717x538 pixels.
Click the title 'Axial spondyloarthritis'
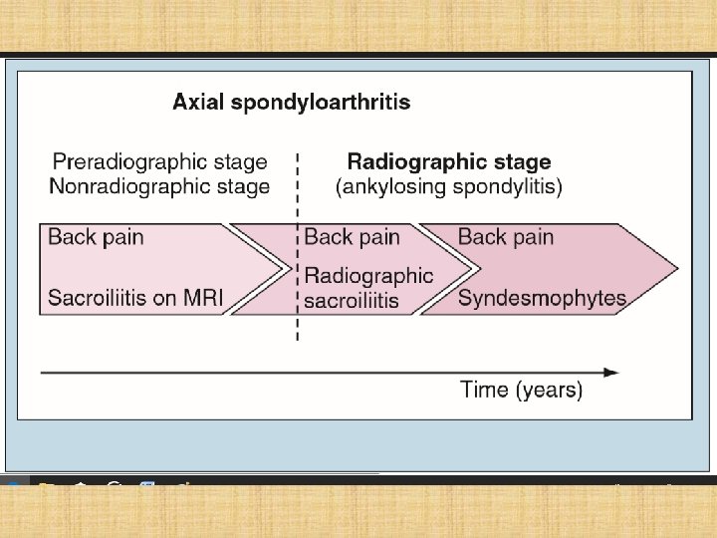(x=291, y=102)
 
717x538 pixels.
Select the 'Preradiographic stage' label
(x=159, y=161)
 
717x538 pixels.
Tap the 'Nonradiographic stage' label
(x=160, y=186)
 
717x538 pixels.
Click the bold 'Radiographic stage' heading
(x=448, y=161)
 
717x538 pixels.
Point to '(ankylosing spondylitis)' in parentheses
(x=449, y=186)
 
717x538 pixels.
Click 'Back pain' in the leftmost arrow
(x=96, y=237)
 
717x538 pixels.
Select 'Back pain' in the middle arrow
(x=352, y=237)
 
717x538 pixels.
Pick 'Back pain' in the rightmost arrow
(x=505, y=237)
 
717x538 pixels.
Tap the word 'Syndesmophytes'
(x=542, y=298)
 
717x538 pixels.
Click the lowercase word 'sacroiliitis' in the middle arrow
(x=351, y=300)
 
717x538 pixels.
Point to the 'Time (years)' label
(x=521, y=390)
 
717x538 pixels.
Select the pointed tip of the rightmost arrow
(x=676, y=267)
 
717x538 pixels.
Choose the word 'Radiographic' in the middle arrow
(x=368, y=275)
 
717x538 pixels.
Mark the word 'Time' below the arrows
(x=485, y=390)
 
